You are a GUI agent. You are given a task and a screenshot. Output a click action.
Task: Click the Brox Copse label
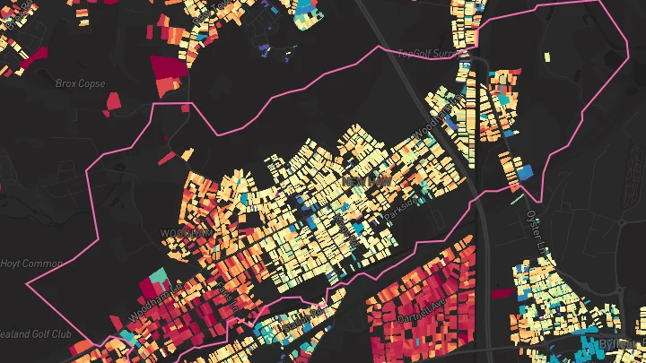pyautogui.click(x=81, y=83)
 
